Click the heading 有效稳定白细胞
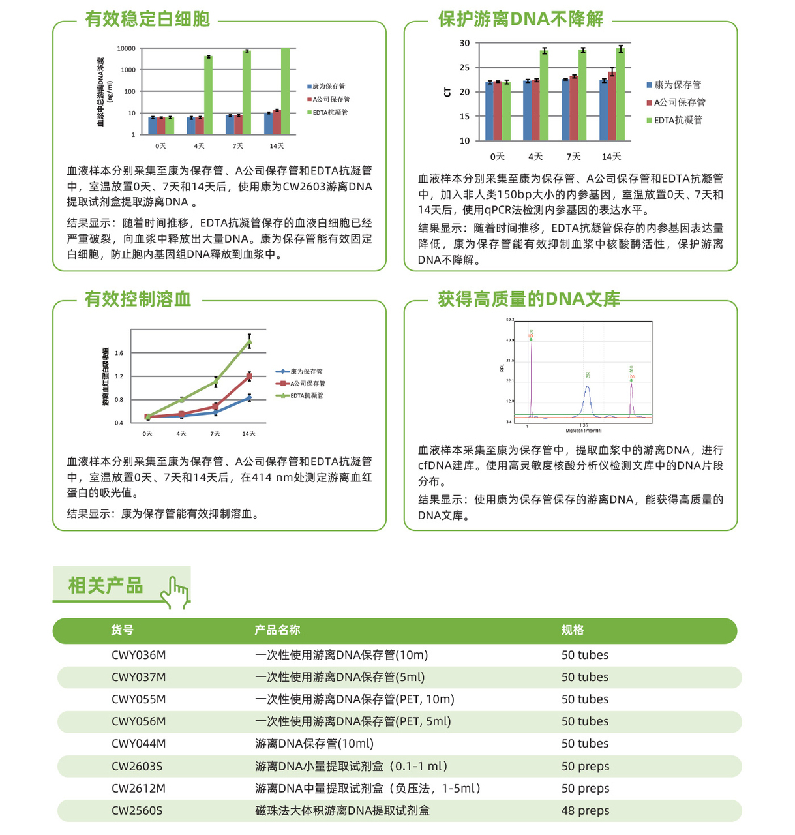coord(147,19)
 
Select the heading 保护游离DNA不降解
coord(520,19)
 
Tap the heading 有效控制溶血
coord(138,299)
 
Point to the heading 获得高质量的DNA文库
coord(528,299)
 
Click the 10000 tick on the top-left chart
coord(127,49)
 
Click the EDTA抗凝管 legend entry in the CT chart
coord(678,120)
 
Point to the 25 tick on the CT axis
coord(464,68)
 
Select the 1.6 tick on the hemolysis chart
coord(119,353)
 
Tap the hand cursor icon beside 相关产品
coord(175,592)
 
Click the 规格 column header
coord(573,630)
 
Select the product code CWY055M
coord(138,699)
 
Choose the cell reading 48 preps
coord(585,811)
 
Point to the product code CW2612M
coord(138,789)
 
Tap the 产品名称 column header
coord(277,630)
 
